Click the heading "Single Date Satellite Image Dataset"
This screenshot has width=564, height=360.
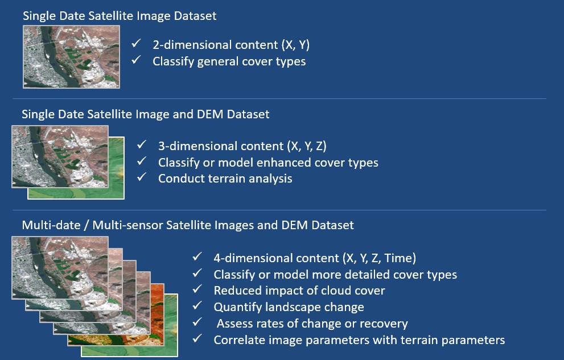pyautogui.click(x=120, y=16)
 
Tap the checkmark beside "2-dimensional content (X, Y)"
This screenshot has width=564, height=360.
pyautogui.click(x=136, y=44)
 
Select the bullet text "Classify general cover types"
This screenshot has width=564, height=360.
pyautogui.click(x=229, y=61)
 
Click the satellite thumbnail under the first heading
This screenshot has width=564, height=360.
pyautogui.click(x=71, y=57)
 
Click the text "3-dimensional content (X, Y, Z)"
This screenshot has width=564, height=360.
pyautogui.click(x=242, y=146)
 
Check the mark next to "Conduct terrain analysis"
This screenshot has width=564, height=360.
pyautogui.click(x=142, y=177)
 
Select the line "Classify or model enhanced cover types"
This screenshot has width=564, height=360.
pyautogui.click(x=268, y=163)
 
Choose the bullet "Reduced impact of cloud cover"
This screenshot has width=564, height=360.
pyautogui.click(x=299, y=291)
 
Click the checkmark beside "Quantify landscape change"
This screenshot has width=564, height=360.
pyautogui.click(x=197, y=305)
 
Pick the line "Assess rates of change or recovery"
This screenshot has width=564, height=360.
pyautogui.click(x=312, y=324)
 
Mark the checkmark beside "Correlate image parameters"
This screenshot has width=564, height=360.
pyautogui.click(x=197, y=338)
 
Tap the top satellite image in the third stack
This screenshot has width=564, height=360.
pyautogui.click(x=60, y=268)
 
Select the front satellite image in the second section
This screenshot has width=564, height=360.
pyautogui.click(x=60, y=156)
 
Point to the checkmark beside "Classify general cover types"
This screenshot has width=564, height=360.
pyautogui.click(x=136, y=60)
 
